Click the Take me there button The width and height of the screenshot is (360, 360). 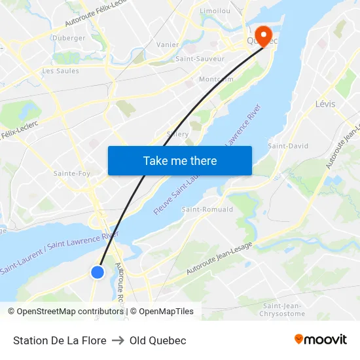pyautogui.click(x=179, y=160)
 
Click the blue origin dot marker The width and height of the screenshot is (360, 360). pyautogui.click(x=98, y=272)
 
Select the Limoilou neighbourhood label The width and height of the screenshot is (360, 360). pyautogui.click(x=215, y=11)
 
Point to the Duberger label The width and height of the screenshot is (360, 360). pyautogui.click(x=69, y=38)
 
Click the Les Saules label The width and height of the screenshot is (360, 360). pyautogui.click(x=60, y=71)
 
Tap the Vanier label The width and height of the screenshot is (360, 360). pyautogui.click(x=168, y=45)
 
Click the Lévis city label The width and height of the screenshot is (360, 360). pyautogui.click(x=325, y=104)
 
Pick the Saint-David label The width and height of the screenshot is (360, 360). pyautogui.click(x=288, y=146)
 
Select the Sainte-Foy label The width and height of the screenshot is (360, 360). pyautogui.click(x=72, y=173)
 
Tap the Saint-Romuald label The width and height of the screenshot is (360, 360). pyautogui.click(x=207, y=209)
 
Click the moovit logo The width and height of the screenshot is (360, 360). pyautogui.click(x=321, y=340)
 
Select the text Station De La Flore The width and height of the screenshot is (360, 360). pyautogui.click(x=60, y=340)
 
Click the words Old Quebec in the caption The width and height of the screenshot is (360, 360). pyautogui.click(x=158, y=340)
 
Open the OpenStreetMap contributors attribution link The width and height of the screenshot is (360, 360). pyautogui.click(x=70, y=312)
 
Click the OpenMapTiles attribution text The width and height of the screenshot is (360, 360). pyautogui.click(x=166, y=312)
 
